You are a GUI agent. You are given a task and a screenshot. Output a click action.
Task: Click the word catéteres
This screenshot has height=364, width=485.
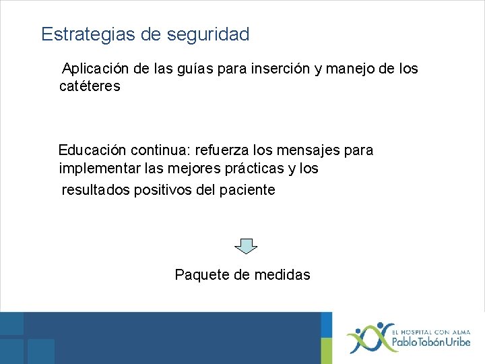(90, 86)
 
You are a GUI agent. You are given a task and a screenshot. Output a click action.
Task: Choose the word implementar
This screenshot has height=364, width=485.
(98, 168)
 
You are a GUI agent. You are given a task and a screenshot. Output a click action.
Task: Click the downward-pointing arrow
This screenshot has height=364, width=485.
(246, 246)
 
